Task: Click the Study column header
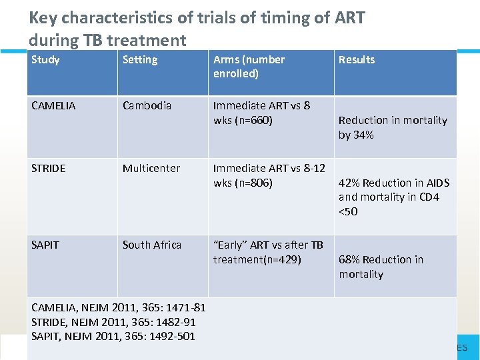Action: pos(45,60)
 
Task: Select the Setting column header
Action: pos(140,60)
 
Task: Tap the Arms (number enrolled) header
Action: pos(249,66)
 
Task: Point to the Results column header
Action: pos(357,60)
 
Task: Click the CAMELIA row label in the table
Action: pos(53,105)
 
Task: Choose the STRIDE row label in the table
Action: pos(48,168)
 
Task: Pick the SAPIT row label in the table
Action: pos(45,245)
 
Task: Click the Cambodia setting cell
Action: pos(147,105)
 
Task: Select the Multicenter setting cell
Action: pos(151,168)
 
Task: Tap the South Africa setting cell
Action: pos(152,245)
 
